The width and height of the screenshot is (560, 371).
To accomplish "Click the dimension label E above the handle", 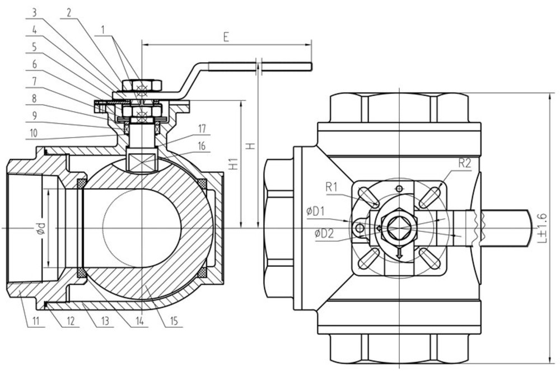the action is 226,37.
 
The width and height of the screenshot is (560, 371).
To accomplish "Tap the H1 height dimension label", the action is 234,164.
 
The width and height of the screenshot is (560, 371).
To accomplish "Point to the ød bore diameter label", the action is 41,228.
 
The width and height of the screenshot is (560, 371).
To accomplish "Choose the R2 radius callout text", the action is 465,163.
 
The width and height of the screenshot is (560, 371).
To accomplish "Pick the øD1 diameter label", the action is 315,211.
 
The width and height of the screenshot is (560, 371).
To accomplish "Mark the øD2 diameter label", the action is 324,233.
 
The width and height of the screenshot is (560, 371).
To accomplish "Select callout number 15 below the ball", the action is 174,321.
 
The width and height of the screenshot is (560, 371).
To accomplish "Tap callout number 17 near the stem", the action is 202,129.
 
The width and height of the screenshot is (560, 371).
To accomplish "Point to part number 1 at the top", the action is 102,30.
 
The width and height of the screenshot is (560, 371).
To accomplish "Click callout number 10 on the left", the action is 34,133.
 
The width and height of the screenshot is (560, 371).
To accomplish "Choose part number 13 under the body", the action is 105,321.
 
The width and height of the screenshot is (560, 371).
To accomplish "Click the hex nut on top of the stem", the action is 142,86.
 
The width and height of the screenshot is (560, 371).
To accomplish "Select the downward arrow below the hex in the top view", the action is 399,252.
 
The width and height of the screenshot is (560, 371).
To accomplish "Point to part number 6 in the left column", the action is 34,64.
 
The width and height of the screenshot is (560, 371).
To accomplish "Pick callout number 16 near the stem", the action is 202,145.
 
